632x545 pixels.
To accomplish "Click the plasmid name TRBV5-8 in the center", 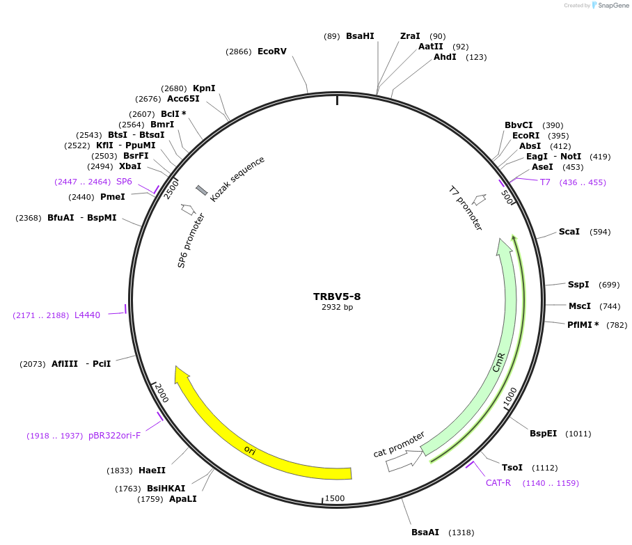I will [x=337, y=297].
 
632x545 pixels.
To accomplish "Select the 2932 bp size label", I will [x=337, y=307].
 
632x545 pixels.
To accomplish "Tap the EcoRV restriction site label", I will [x=271, y=52].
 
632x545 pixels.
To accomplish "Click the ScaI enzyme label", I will [x=569, y=232].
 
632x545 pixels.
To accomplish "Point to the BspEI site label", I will [x=543, y=434].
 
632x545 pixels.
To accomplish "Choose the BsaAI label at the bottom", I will [x=425, y=532].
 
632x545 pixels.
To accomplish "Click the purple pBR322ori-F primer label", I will [x=114, y=436].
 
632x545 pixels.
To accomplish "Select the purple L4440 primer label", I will [x=87, y=315].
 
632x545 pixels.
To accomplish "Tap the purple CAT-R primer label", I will [x=498, y=483].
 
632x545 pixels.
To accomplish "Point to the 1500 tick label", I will [x=335, y=498].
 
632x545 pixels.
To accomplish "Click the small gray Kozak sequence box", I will [x=202, y=190].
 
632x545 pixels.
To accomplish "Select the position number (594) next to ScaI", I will [x=600, y=232].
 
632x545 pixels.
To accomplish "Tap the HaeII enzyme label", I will [x=152, y=471].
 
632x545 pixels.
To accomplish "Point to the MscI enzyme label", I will [x=579, y=306].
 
